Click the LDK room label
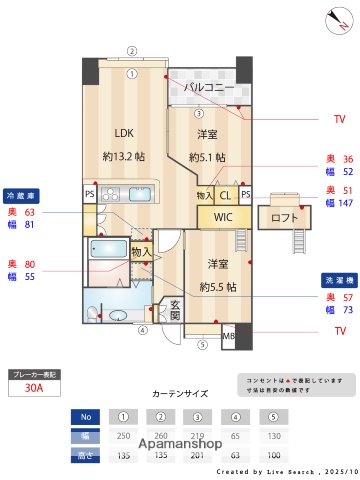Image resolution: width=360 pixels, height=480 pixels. [x=124, y=132]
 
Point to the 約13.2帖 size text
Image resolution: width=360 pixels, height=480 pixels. [x=124, y=156]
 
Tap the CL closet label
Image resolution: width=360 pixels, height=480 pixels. [x=225, y=195]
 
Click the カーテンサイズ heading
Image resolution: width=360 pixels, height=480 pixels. [x=179, y=395]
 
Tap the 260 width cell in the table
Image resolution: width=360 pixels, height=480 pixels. [x=160, y=436]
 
